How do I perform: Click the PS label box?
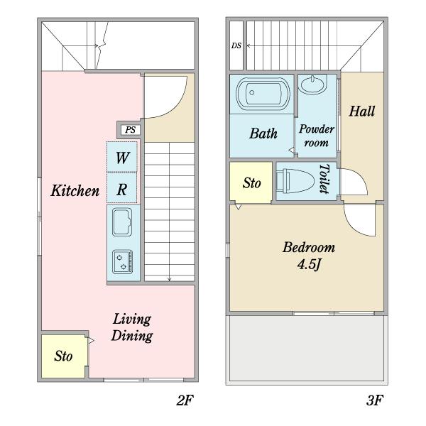coord(130,130)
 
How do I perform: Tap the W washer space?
coord(122,157)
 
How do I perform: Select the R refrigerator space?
coord(122,188)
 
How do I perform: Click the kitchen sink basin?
coord(122,222)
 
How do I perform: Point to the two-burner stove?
coord(123,261)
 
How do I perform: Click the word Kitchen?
coord(75,190)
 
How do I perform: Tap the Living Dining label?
coord(132,327)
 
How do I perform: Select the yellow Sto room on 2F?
coord(65,356)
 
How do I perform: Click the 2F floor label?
coord(185,400)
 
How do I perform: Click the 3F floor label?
coord(375,400)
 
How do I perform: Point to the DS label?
coord(236,45)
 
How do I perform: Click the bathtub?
coord(262,94)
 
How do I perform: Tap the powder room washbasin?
coord(312,84)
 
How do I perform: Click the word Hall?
coord(362,111)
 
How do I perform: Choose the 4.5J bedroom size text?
coord(309,265)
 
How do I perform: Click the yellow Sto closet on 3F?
coord(251,182)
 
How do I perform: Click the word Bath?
coord(263,133)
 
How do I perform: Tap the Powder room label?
coord(317,136)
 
